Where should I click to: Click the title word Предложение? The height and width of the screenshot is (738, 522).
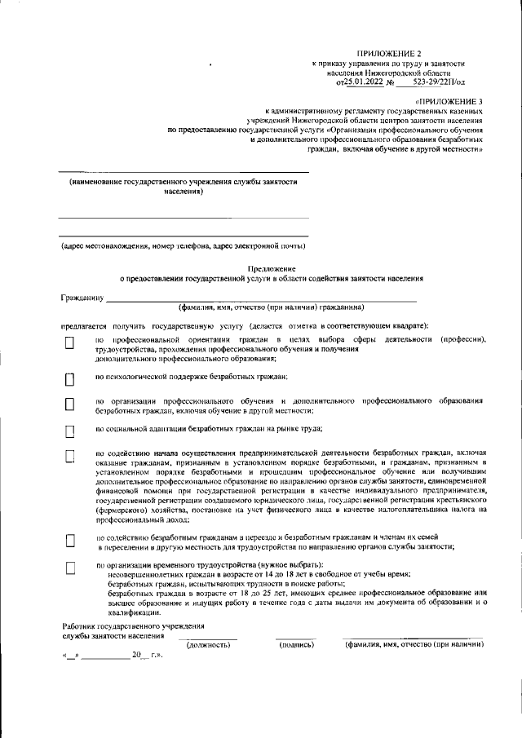click(271, 268)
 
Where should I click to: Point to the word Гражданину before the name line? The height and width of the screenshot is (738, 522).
click(81, 298)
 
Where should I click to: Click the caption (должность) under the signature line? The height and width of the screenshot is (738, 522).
click(208, 645)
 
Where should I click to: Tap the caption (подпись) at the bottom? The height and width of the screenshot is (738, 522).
click(296, 645)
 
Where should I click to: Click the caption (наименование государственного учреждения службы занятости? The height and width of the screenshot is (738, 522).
click(183, 183)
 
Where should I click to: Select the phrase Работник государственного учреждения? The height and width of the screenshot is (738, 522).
click(134, 625)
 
